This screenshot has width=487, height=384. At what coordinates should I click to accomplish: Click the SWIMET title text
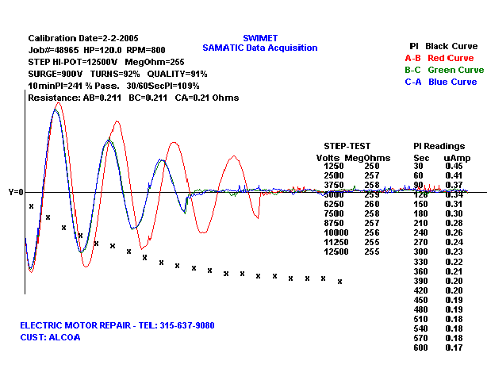pyautogui.click(x=259, y=37)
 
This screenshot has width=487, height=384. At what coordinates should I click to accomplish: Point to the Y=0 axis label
pyautogui.click(x=16, y=192)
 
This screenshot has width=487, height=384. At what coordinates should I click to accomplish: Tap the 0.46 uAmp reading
pyautogui.click(x=454, y=166)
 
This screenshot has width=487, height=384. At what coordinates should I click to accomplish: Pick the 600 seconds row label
pyautogui.click(x=420, y=347)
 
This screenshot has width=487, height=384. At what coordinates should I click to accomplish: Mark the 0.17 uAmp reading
pyautogui.click(x=454, y=347)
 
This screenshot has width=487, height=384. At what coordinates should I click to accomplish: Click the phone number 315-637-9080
pyautogui.click(x=182, y=325)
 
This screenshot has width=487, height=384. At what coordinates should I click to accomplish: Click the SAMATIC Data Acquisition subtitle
pyautogui.click(x=259, y=48)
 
